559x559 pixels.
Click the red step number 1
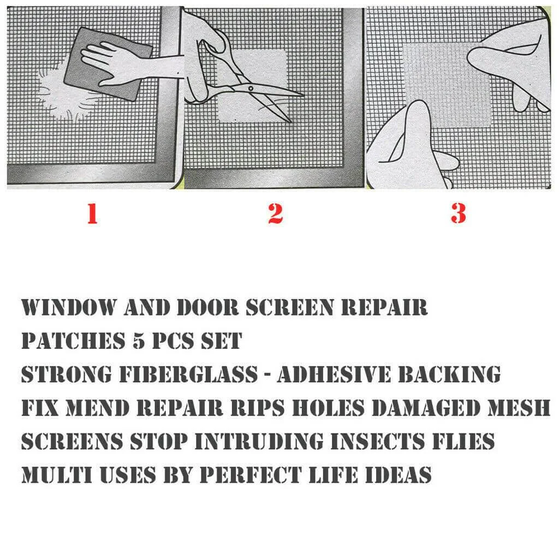coord(92,213)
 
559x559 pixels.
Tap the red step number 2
coord(275,213)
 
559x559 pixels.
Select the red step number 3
coord(458,213)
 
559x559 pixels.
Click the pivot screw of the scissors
coord(251,87)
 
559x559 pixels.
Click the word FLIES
coord(465,441)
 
